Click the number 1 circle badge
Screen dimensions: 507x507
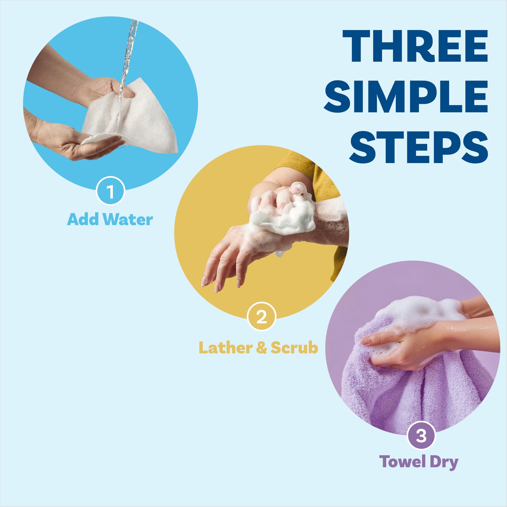coord(110,191)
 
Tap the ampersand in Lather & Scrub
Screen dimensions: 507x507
coord(261,348)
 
